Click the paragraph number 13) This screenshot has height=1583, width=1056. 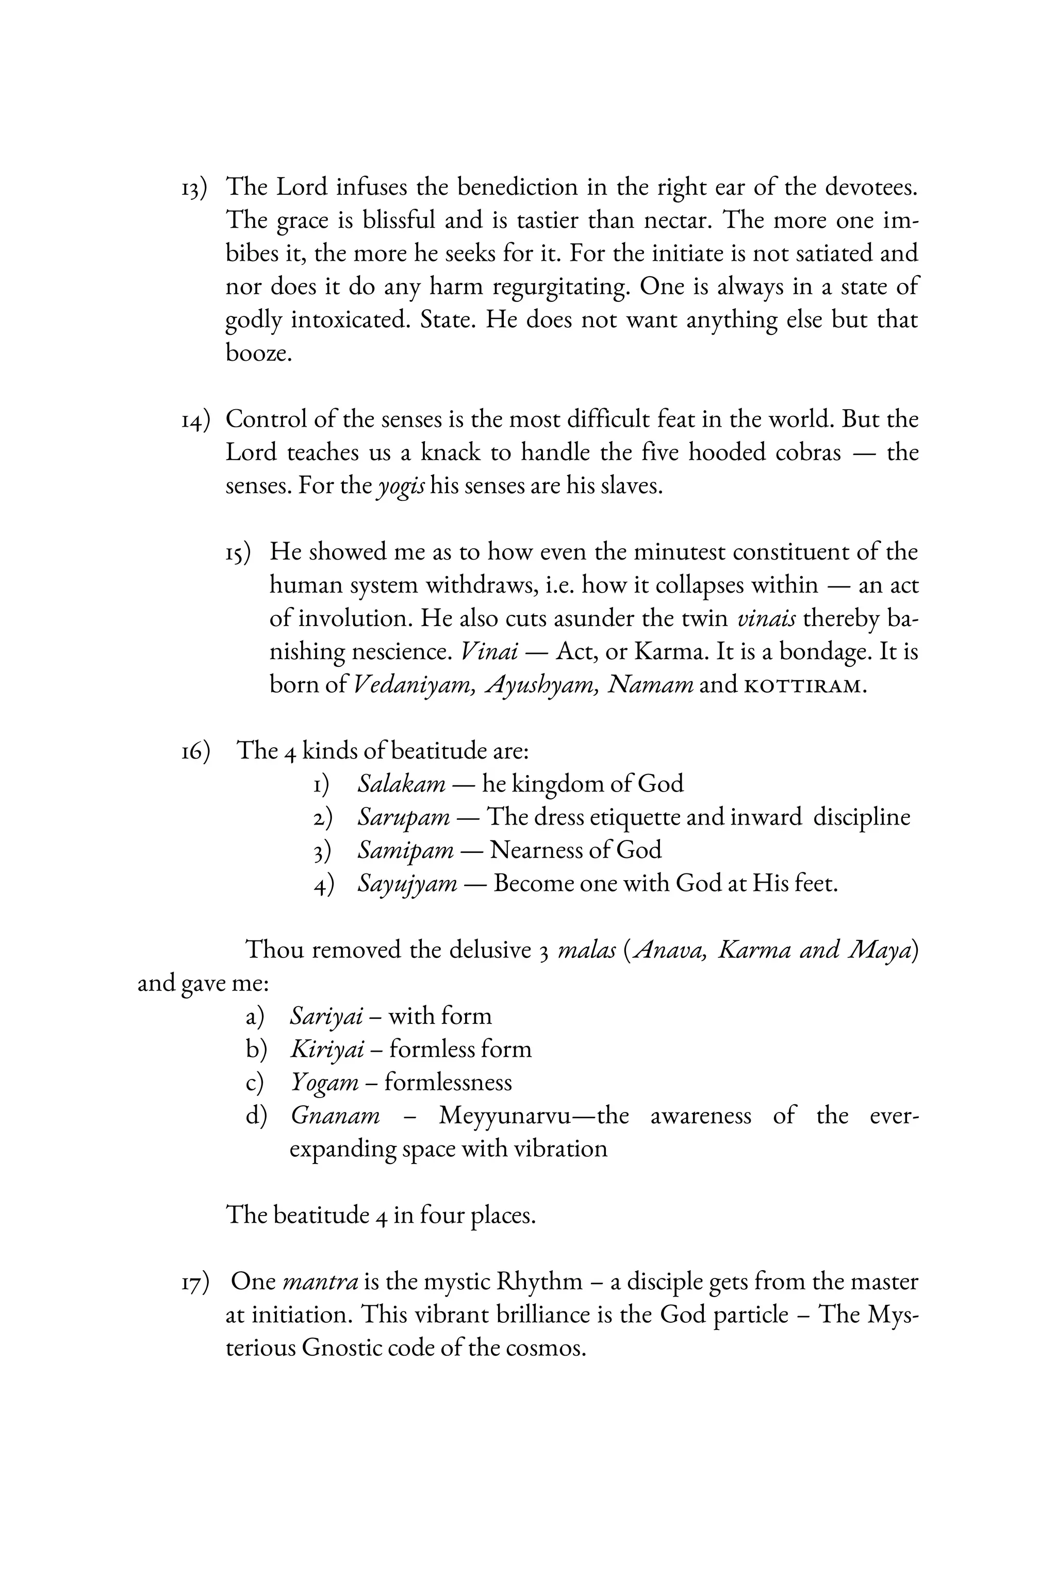194,189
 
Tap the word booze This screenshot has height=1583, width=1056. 259,352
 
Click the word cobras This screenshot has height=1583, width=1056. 807,452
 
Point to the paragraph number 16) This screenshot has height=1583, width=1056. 194,752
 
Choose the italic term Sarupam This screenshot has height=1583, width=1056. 403,817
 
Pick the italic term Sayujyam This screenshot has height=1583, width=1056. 407,884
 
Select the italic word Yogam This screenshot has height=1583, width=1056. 324,1083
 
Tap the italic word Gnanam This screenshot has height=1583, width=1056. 335,1116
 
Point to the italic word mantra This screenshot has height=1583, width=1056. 320,1281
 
